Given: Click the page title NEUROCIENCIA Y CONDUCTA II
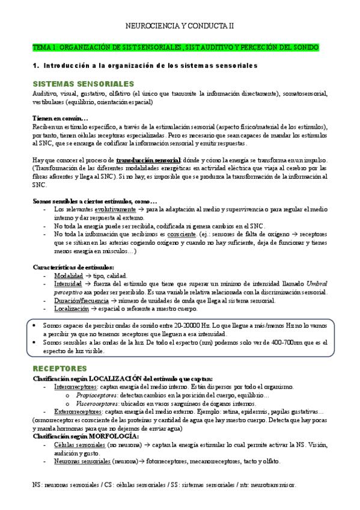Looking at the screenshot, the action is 180,26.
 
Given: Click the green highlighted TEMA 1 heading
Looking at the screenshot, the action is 175,47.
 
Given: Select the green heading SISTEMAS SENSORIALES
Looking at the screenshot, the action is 83,84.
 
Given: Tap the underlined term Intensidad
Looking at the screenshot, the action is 68,283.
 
